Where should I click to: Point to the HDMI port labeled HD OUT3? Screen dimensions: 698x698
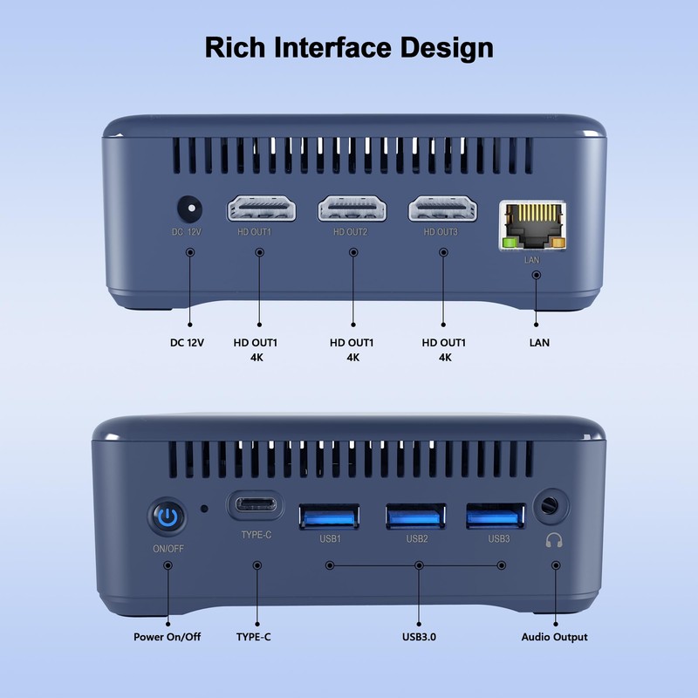click(442, 209)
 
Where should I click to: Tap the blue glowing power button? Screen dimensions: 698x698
click(168, 517)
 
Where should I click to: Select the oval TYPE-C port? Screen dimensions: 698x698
click(256, 505)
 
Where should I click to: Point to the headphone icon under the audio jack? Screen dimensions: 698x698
click(552, 541)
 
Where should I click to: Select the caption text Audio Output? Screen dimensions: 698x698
click(554, 637)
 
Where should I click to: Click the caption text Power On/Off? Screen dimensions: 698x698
click(168, 637)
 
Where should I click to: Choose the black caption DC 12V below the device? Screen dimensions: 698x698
click(187, 343)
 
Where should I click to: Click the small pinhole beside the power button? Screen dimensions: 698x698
click(205, 508)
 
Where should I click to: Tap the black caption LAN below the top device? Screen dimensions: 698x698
click(539, 343)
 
